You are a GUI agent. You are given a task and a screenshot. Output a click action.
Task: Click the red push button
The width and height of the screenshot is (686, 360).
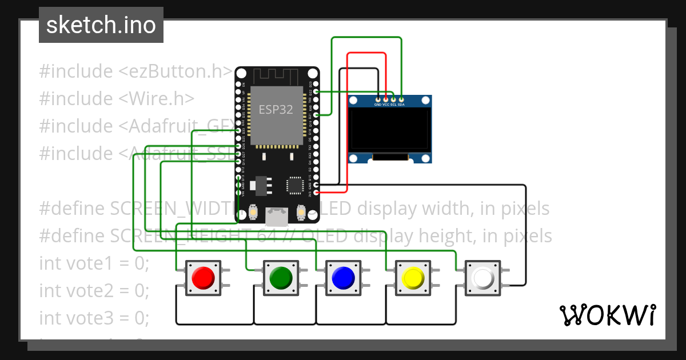pos(202,278)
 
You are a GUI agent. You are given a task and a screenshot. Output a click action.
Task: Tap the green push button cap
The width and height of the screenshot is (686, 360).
pos(280,278)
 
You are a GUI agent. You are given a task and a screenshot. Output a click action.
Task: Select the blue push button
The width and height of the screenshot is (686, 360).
pos(343,278)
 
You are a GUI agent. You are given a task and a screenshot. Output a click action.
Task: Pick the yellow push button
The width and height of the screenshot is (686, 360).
pos(412,278)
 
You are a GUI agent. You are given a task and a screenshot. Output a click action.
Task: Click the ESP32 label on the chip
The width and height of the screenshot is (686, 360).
pos(276,109)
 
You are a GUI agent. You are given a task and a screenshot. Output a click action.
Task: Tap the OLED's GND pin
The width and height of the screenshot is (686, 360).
pos(378,99)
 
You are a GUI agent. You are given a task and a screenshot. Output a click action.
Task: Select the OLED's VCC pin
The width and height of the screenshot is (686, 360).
pos(386,99)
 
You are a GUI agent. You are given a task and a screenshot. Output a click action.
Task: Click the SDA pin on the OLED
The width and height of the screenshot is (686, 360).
pos(401,99)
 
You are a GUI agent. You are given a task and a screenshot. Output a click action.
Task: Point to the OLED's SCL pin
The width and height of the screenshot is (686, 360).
pos(393,99)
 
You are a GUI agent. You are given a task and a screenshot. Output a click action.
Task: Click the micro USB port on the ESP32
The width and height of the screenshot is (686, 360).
pos(277,216)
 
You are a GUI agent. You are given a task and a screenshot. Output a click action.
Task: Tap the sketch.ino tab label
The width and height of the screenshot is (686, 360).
pos(101,25)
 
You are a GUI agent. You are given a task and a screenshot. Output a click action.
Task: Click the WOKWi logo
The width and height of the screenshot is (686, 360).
pos(607,315)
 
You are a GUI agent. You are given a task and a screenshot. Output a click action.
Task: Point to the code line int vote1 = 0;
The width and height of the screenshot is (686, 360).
pos(94,263)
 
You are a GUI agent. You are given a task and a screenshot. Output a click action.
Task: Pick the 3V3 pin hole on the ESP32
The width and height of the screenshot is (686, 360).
pos(316,193)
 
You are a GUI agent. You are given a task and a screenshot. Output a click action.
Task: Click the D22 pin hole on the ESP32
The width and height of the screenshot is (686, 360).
pos(316,91)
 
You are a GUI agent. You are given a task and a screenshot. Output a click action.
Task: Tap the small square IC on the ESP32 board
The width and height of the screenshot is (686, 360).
pos(295,185)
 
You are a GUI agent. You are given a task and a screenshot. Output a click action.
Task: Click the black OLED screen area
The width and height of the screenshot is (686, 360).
pos(390,129)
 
